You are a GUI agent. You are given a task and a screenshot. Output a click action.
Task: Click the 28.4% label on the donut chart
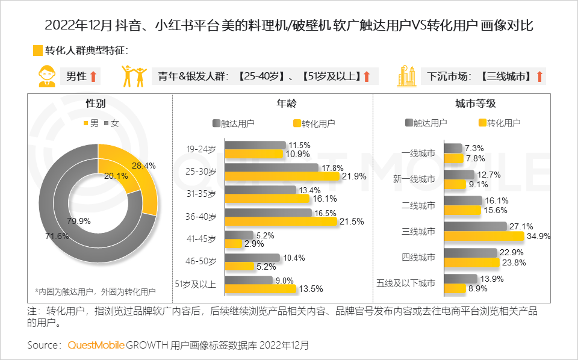point(144,166)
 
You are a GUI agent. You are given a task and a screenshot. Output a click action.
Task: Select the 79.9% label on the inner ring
point(79,221)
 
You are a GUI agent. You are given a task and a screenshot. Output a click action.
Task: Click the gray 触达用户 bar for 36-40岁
point(269,213)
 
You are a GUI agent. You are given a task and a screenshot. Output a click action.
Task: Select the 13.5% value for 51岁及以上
point(311,289)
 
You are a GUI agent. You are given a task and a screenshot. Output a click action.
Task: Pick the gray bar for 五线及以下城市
point(461,279)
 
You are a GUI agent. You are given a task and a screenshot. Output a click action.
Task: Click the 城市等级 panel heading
point(475,104)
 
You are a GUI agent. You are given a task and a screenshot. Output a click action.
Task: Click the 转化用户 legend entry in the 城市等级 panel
point(500,123)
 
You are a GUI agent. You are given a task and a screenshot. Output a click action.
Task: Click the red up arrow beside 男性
point(94,76)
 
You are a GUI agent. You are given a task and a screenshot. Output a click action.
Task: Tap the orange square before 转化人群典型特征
point(37,51)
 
